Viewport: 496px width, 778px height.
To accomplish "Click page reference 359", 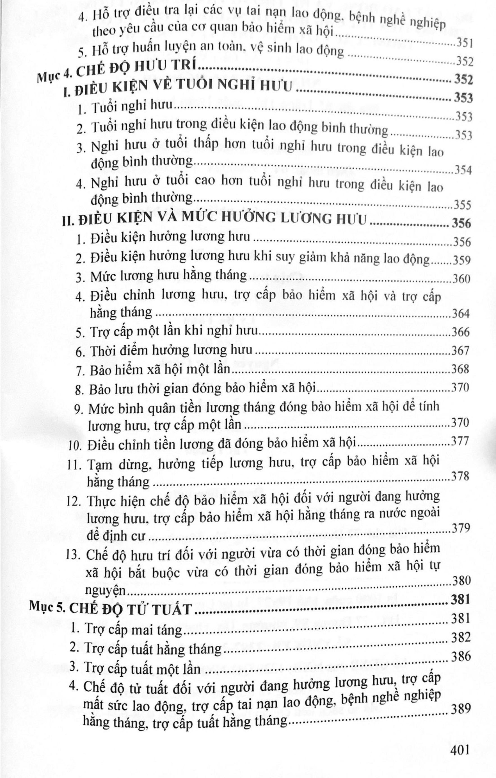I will coord(461,260).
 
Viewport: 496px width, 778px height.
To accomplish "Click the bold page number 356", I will coord(461,223).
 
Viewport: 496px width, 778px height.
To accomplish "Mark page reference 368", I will coord(461,369).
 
